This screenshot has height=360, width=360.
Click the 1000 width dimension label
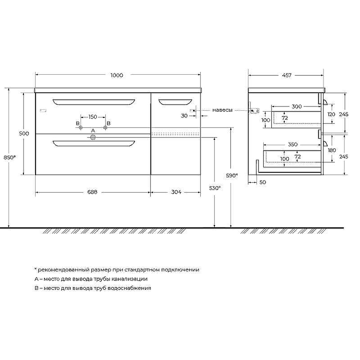point(117,75)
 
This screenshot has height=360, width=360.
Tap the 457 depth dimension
point(287,75)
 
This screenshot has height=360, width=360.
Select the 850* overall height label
point(9,157)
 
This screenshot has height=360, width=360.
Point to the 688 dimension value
point(92,192)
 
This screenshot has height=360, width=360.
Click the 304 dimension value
point(176,192)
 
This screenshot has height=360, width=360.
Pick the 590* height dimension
point(232,175)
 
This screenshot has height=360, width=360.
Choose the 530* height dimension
point(215,188)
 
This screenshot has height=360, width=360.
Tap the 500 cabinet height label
point(24,133)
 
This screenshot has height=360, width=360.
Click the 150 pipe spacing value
point(93,117)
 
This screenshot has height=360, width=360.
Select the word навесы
point(222,110)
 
